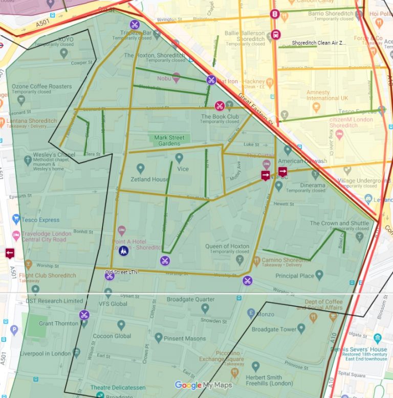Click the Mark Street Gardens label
point(169,141)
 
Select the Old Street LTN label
point(121,272)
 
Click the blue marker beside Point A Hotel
point(123,251)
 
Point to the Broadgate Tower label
point(274,329)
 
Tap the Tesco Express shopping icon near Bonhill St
point(16,219)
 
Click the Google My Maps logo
point(203,385)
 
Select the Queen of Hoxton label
point(227,246)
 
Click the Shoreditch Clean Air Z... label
point(319,43)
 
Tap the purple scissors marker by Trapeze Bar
point(134,24)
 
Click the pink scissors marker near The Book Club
point(220,106)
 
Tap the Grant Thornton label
point(59,323)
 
